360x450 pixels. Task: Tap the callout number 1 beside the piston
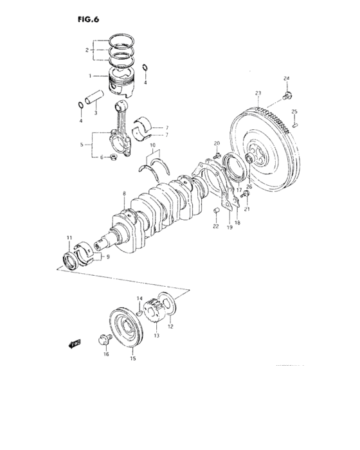[91, 76]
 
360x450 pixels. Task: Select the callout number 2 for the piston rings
[87, 50]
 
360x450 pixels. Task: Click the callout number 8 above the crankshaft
[125, 193]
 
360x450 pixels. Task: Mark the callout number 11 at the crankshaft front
[69, 239]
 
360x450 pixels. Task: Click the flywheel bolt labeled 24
[285, 97]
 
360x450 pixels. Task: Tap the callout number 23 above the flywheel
[257, 93]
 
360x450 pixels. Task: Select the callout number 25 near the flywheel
[294, 111]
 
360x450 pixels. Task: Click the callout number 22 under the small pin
[216, 226]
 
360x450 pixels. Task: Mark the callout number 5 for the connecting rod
[82, 146]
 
